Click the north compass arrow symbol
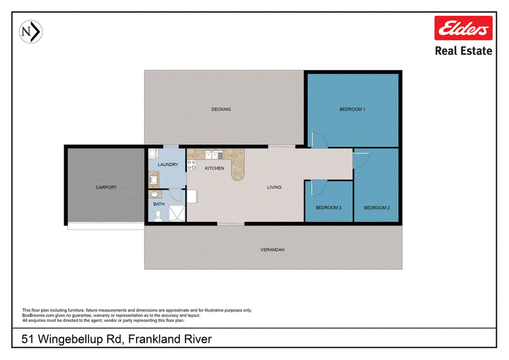31,32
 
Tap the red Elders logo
463,28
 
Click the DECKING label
221,109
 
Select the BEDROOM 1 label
352,109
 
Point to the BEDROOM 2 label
377,208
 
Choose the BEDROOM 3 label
328,208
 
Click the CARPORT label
106,187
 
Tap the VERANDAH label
272,249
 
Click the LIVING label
274,187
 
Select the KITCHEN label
214,168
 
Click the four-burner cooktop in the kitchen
192,165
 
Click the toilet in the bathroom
158,216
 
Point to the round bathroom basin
155,194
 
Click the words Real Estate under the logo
463,51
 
